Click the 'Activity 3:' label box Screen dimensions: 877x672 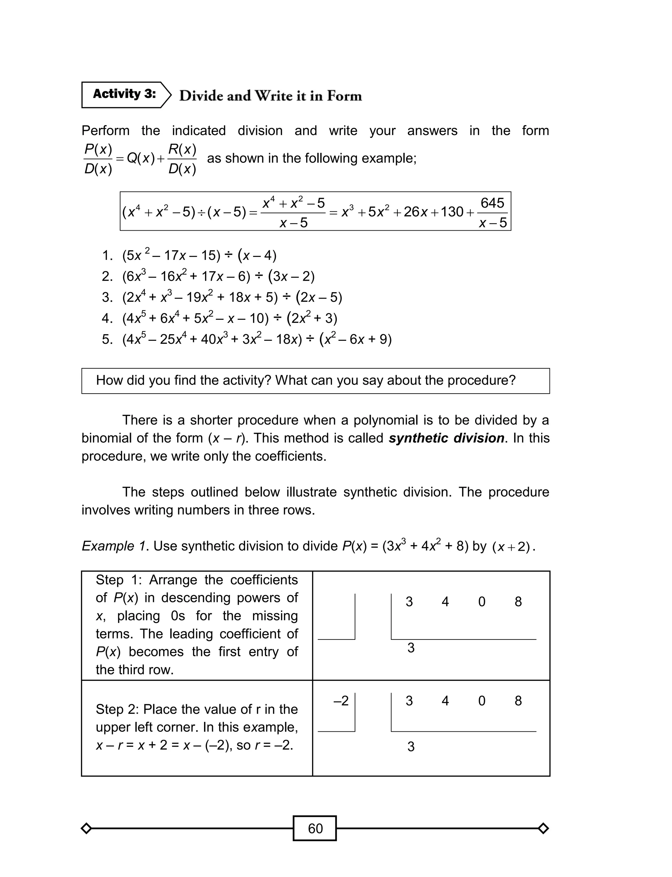pyautogui.click(x=124, y=95)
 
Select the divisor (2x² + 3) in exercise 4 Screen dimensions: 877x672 pyautogui.click(x=312, y=318)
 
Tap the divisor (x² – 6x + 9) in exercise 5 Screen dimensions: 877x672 pyautogui.click(x=355, y=339)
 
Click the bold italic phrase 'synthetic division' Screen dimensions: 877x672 pyautogui.click(x=446, y=438)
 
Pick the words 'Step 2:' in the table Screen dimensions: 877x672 pyautogui.click(x=117, y=709)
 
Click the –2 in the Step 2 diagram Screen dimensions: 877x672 pyautogui.click(x=341, y=701)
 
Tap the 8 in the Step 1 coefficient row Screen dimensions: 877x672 pyautogui.click(x=518, y=602)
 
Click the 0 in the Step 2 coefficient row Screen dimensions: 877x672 pyautogui.click(x=482, y=701)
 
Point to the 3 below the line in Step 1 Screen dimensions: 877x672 pyautogui.click(x=411, y=648)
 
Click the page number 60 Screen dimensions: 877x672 pyautogui.click(x=315, y=828)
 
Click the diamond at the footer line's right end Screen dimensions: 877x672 pyautogui.click(x=543, y=828)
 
